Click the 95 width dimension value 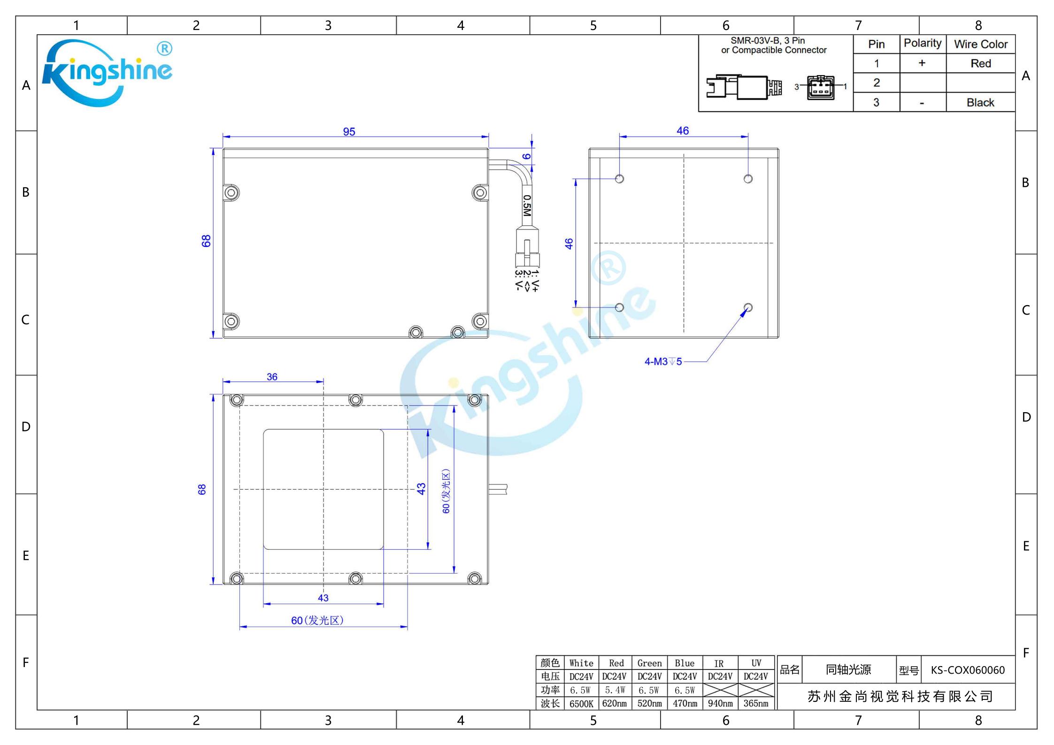349,131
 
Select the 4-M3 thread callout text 663,361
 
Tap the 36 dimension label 272,376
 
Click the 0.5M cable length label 527,206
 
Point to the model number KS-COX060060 968,670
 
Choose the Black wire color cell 980,102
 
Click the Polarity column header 923,43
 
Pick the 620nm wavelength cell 614,703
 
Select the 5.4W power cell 615,690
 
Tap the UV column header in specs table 756,663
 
